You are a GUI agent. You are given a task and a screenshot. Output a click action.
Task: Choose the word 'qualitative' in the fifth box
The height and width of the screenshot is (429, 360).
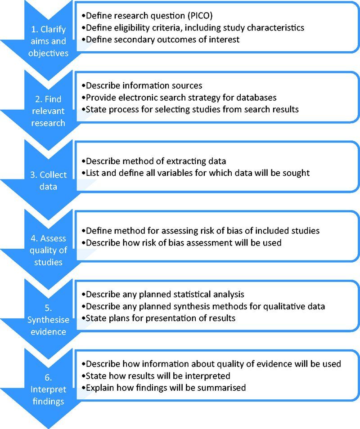281,306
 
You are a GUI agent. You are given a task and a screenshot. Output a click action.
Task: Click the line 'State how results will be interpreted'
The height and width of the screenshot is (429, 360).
156,375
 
